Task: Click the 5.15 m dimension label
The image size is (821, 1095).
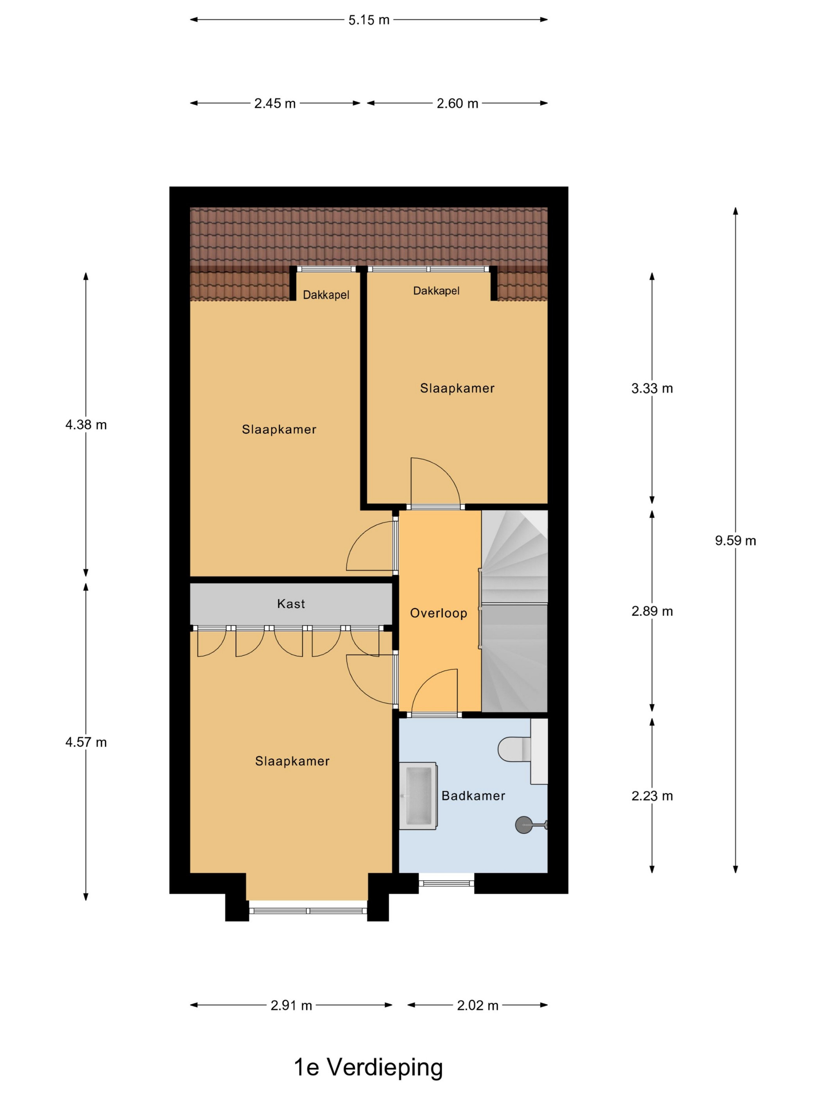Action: [369, 20]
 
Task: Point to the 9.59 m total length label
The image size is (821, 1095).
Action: [735, 540]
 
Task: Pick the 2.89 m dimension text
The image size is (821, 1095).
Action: [652, 611]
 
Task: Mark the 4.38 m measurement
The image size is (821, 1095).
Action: [86, 425]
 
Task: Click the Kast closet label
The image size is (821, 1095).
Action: [291, 604]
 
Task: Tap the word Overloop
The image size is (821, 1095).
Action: [439, 613]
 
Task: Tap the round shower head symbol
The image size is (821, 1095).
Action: [523, 825]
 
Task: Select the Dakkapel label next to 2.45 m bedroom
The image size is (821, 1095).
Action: [326, 295]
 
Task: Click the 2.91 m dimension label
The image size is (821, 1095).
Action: [291, 1005]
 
